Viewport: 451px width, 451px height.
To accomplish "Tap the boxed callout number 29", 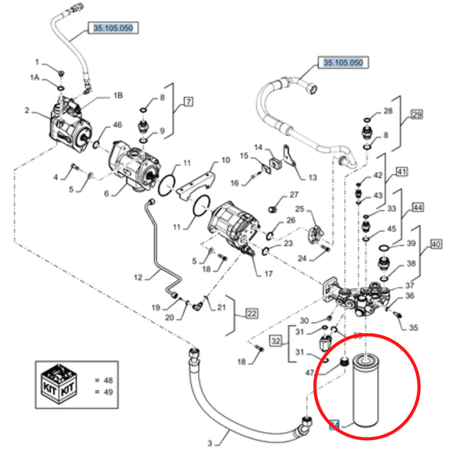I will point(417,115).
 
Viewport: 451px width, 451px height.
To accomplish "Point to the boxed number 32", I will point(276,340).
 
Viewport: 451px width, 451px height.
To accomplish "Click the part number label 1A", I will point(34,76).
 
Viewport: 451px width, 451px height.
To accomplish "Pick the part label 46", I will point(118,126).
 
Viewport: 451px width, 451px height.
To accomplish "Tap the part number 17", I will point(268,274).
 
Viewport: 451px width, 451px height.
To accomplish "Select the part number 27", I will point(294,194).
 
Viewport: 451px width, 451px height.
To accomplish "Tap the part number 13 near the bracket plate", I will point(313,177).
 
